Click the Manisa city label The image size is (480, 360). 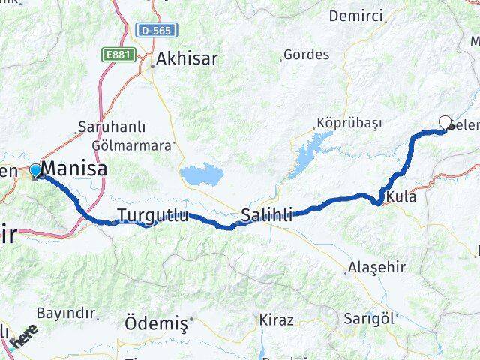click(x=75, y=169)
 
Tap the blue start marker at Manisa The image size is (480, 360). click(x=35, y=171)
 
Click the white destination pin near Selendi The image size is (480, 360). click(x=445, y=123)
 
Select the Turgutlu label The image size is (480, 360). click(x=153, y=217)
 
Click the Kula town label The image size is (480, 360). click(x=402, y=196)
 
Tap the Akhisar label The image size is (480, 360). click(x=187, y=58)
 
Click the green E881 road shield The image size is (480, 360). click(x=118, y=55)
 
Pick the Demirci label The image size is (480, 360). click(x=355, y=16)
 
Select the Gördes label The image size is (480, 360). click(x=307, y=55)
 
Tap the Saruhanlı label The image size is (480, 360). click(x=113, y=127)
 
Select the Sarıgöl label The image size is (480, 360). click(x=369, y=317)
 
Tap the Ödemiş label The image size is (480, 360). click(x=155, y=323)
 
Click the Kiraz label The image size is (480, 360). click(x=276, y=319)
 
